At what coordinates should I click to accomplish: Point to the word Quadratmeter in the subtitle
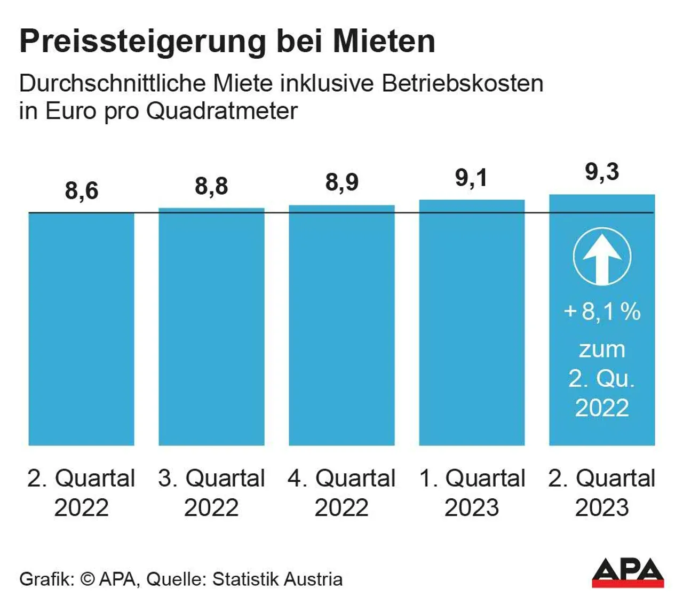tap(221, 111)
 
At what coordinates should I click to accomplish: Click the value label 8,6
tap(82, 191)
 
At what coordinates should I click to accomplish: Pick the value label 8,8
tap(211, 186)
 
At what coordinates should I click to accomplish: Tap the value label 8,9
tap(341, 182)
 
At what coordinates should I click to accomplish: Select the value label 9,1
tap(472, 178)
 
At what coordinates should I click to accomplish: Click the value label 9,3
tap(602, 172)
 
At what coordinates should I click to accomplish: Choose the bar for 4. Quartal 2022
tap(341, 325)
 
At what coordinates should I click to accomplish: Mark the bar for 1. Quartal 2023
tap(472, 323)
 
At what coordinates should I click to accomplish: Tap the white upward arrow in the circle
tap(602, 257)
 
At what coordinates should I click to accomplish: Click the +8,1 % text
tap(602, 312)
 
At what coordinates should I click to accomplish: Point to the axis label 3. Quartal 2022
tap(211, 492)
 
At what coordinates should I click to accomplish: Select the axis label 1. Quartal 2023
tap(472, 492)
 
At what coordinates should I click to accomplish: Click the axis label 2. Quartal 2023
tap(602, 492)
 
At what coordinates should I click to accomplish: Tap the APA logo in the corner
tap(628, 572)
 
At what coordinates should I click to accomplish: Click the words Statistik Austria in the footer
tap(277, 579)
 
